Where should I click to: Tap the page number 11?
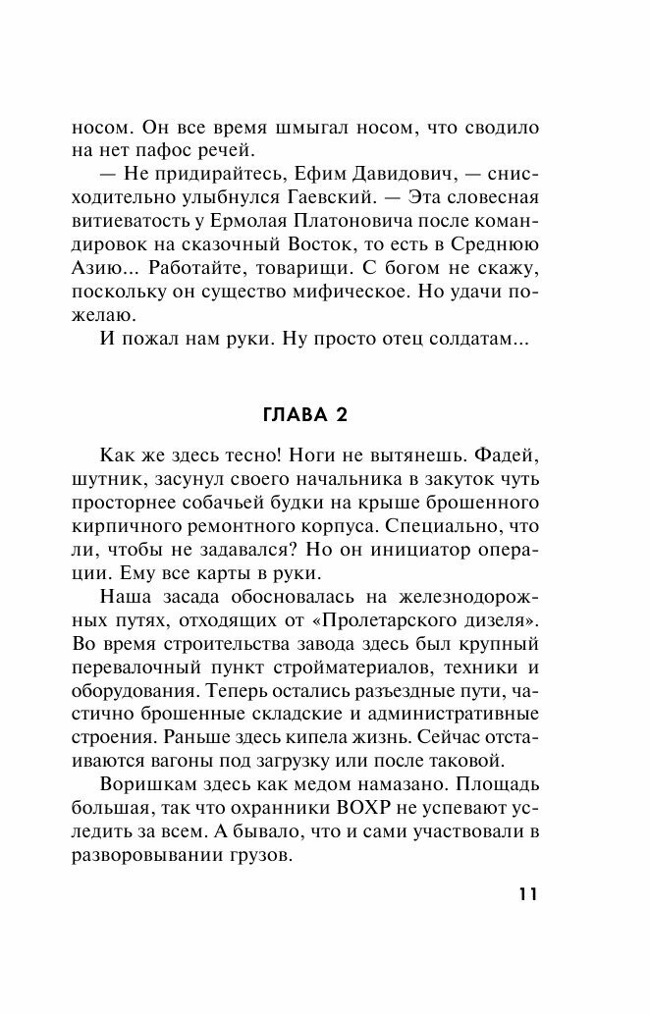(526, 894)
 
